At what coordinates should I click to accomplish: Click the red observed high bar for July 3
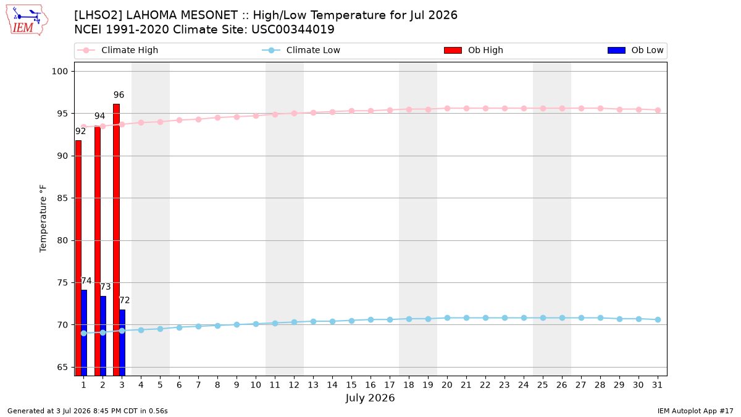click(117, 240)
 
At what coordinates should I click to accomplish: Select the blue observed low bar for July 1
click(84, 333)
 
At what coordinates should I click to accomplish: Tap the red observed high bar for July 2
click(98, 251)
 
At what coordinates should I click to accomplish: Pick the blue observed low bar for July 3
click(122, 343)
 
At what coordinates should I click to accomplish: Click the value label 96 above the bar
click(119, 95)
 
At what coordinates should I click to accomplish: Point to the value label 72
click(124, 300)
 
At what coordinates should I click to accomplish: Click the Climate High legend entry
click(118, 50)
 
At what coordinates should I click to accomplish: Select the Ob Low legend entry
click(635, 50)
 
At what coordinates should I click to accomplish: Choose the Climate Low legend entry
click(301, 50)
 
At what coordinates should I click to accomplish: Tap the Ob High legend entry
click(474, 50)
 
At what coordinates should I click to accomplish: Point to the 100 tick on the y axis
click(59, 72)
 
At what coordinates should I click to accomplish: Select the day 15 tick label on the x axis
click(351, 385)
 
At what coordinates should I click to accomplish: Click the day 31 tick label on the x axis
click(657, 385)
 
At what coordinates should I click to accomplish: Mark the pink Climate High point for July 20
click(447, 108)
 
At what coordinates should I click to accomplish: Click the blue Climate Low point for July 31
click(658, 320)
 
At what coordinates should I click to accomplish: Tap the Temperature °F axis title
click(43, 219)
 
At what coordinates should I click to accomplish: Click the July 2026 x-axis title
click(370, 398)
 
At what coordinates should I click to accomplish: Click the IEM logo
click(27, 20)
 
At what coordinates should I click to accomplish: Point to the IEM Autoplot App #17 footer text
click(695, 411)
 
